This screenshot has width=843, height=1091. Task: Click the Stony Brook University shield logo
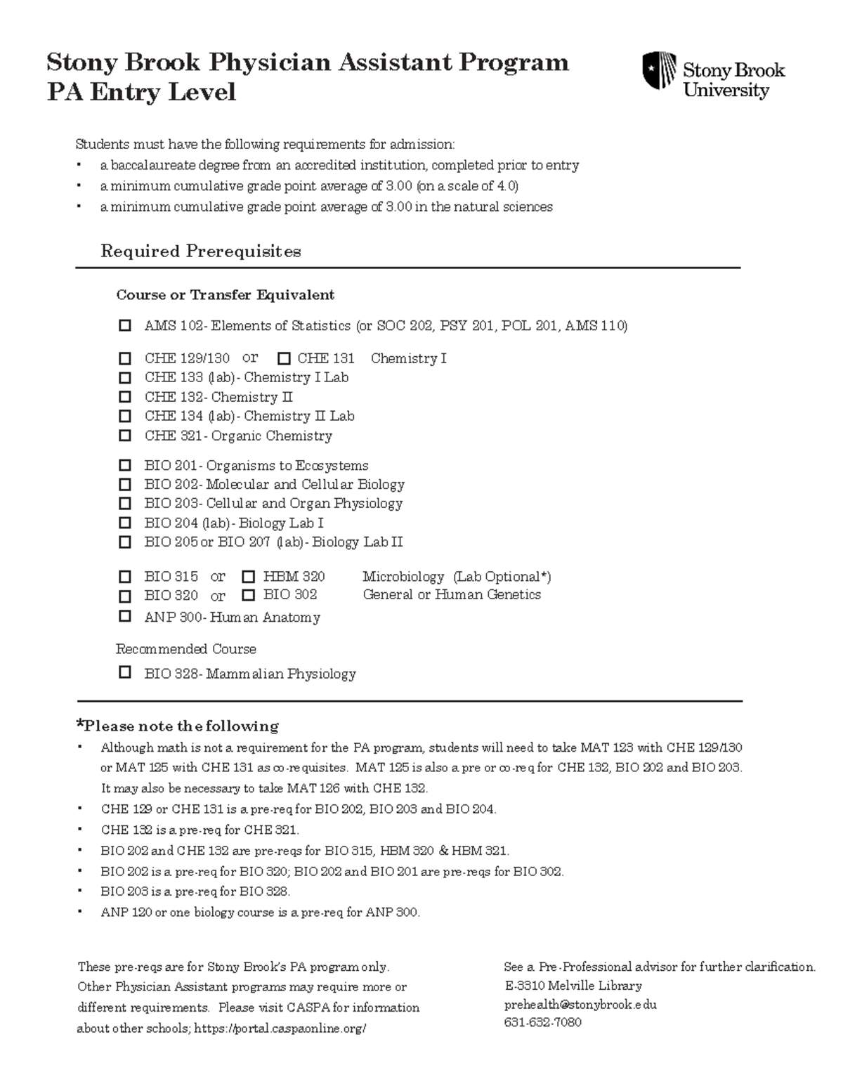[x=659, y=70]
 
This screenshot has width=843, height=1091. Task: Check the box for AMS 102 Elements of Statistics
[x=125, y=325]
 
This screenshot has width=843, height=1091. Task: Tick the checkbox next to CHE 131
[x=284, y=358]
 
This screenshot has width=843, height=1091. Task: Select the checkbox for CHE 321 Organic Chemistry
[x=125, y=436]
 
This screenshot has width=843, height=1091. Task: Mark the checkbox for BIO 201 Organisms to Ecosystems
[x=125, y=465]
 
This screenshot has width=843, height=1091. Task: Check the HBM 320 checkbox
[x=248, y=577]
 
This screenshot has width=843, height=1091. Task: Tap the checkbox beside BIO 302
[x=248, y=595]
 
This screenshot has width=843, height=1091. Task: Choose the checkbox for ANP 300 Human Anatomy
[x=125, y=616]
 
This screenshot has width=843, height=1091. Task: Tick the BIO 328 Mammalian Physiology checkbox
[x=125, y=672]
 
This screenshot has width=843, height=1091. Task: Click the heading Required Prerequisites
[x=201, y=251]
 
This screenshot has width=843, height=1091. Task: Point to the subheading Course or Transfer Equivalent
[x=225, y=295]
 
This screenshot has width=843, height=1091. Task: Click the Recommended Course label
[x=185, y=649]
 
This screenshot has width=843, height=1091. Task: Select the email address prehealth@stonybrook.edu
[x=580, y=1005]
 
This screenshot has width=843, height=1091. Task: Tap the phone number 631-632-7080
[x=542, y=1022]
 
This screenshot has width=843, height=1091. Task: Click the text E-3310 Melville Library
[x=573, y=986]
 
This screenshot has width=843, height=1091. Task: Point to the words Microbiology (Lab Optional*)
[x=457, y=577]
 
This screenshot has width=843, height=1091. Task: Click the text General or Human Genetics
[x=452, y=594]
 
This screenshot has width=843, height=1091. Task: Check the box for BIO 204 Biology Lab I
[x=125, y=523]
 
